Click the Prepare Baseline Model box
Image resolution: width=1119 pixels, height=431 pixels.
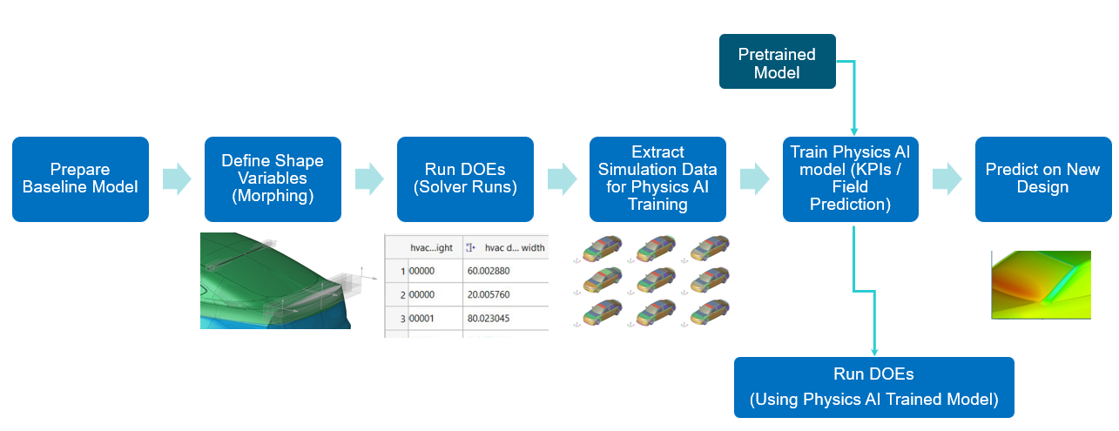tap(80, 178)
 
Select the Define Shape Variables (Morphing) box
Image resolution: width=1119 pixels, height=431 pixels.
tap(273, 178)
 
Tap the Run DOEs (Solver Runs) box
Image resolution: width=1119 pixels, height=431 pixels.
tap(465, 178)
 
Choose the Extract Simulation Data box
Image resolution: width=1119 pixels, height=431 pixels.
tap(657, 178)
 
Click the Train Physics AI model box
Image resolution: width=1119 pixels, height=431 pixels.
tap(850, 178)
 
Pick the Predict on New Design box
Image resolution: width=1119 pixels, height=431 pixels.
tap(1042, 178)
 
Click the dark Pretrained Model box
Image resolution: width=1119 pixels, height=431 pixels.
tap(777, 62)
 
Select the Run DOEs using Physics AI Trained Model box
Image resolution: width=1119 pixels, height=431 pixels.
tap(873, 387)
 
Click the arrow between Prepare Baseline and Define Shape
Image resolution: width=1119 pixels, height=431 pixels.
tap(176, 178)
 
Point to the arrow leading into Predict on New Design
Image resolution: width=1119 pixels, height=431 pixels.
tap(946, 178)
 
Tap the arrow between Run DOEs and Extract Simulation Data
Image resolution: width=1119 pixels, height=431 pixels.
tap(561, 178)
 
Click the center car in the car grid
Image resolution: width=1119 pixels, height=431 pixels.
tap(654, 279)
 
